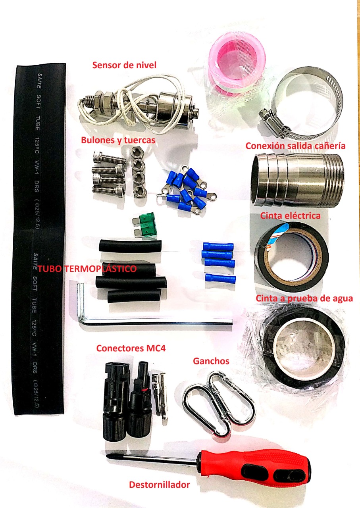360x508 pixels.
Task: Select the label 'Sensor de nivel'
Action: point(124,65)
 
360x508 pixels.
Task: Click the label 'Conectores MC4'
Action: point(131,348)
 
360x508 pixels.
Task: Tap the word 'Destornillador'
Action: point(160,485)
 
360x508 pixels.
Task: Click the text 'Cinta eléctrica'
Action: point(291,216)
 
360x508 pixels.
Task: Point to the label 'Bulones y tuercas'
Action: point(118,140)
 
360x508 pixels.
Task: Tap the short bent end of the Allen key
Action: point(80,299)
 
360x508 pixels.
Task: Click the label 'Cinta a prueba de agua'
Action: point(304,298)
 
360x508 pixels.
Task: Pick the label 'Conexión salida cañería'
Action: point(295,146)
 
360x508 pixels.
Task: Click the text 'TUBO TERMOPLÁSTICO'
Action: point(87,269)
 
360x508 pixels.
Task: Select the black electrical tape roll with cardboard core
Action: point(291,258)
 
